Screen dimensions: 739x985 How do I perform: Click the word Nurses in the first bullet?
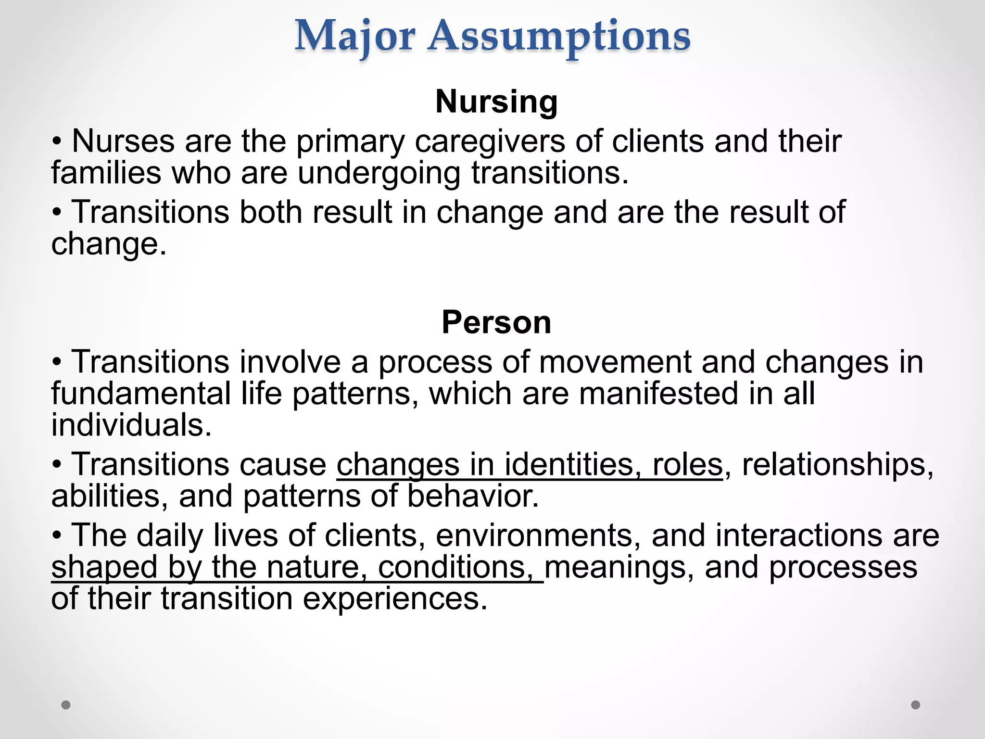(x=123, y=141)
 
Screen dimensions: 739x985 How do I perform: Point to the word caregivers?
(x=490, y=142)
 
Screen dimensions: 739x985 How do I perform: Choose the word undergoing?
(x=379, y=174)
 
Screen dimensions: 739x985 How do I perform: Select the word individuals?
(x=131, y=425)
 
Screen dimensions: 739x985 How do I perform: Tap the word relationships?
(x=837, y=466)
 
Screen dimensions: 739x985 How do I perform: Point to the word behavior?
(x=473, y=497)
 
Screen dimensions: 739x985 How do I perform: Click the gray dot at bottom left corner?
(x=66, y=705)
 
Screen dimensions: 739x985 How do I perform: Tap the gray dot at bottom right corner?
(x=916, y=705)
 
